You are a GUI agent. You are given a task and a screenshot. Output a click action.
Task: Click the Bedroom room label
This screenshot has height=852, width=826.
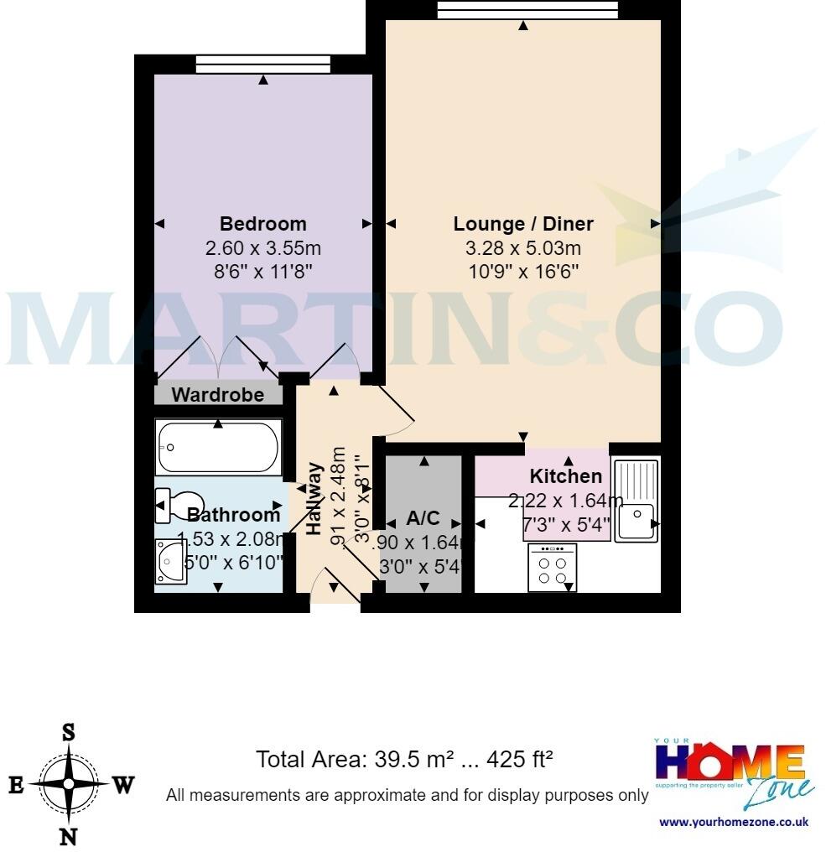(262, 224)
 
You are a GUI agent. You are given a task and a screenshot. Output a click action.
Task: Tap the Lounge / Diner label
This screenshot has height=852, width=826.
(523, 224)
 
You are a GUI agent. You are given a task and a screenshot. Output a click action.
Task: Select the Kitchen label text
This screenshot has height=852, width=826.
(566, 476)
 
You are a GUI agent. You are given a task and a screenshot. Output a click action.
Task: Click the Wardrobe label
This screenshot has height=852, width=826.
(217, 394)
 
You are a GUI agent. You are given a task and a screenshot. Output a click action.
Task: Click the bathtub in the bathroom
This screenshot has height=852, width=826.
(218, 448)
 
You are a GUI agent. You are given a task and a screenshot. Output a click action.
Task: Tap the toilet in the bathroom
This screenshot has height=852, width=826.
(176, 505)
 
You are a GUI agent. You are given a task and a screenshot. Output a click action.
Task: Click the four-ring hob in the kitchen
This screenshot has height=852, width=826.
(553, 568)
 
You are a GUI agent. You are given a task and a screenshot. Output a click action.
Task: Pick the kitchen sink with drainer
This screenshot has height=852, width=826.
(636, 500)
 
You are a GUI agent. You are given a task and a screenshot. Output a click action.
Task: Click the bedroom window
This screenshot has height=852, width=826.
(263, 64)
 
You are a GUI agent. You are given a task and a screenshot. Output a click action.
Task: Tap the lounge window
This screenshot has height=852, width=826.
(528, 9)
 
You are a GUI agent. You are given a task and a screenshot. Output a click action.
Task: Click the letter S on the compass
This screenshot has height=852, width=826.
(68, 731)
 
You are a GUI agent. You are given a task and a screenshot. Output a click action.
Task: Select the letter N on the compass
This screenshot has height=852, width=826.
(68, 836)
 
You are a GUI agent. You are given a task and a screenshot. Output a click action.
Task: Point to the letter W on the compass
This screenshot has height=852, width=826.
(123, 785)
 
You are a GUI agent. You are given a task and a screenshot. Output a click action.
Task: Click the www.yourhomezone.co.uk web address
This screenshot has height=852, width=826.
(734, 822)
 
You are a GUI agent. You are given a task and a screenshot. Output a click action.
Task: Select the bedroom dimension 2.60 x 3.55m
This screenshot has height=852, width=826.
(262, 249)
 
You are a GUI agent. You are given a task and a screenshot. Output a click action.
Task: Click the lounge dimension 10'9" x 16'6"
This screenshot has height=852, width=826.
(523, 271)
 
